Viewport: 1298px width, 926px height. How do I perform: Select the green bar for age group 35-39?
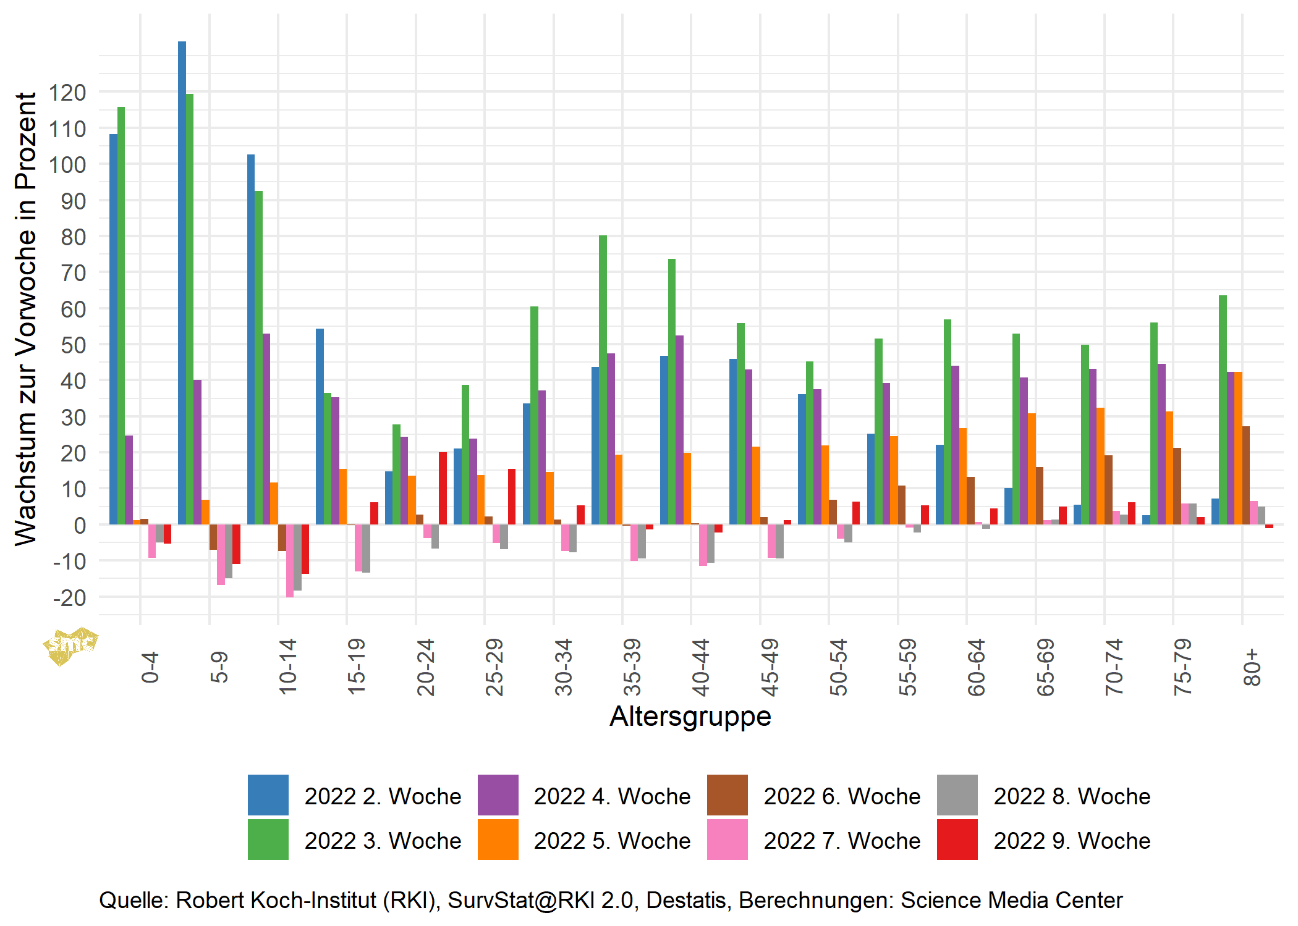603,380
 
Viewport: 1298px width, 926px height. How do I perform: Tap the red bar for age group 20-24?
443,488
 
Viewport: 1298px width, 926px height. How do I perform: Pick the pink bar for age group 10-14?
290,560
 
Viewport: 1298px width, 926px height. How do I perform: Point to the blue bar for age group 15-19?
320,426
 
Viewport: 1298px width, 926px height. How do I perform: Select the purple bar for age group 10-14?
266,429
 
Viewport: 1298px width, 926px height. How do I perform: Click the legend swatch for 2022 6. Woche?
727,795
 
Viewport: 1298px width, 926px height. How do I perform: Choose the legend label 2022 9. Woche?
1072,841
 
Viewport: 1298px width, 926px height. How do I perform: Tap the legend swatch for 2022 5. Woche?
498,840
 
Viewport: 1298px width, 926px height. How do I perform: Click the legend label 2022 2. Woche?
383,796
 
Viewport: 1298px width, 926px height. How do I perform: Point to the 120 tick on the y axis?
68,93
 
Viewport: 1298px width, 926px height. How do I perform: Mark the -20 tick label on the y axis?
69,597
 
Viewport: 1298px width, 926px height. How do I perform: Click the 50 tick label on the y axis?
73,345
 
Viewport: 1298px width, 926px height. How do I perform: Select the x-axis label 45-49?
770,667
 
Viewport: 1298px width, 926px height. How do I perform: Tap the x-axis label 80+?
1252,667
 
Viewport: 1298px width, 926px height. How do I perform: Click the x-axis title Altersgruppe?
690,717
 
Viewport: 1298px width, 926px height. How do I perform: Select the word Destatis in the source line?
686,900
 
